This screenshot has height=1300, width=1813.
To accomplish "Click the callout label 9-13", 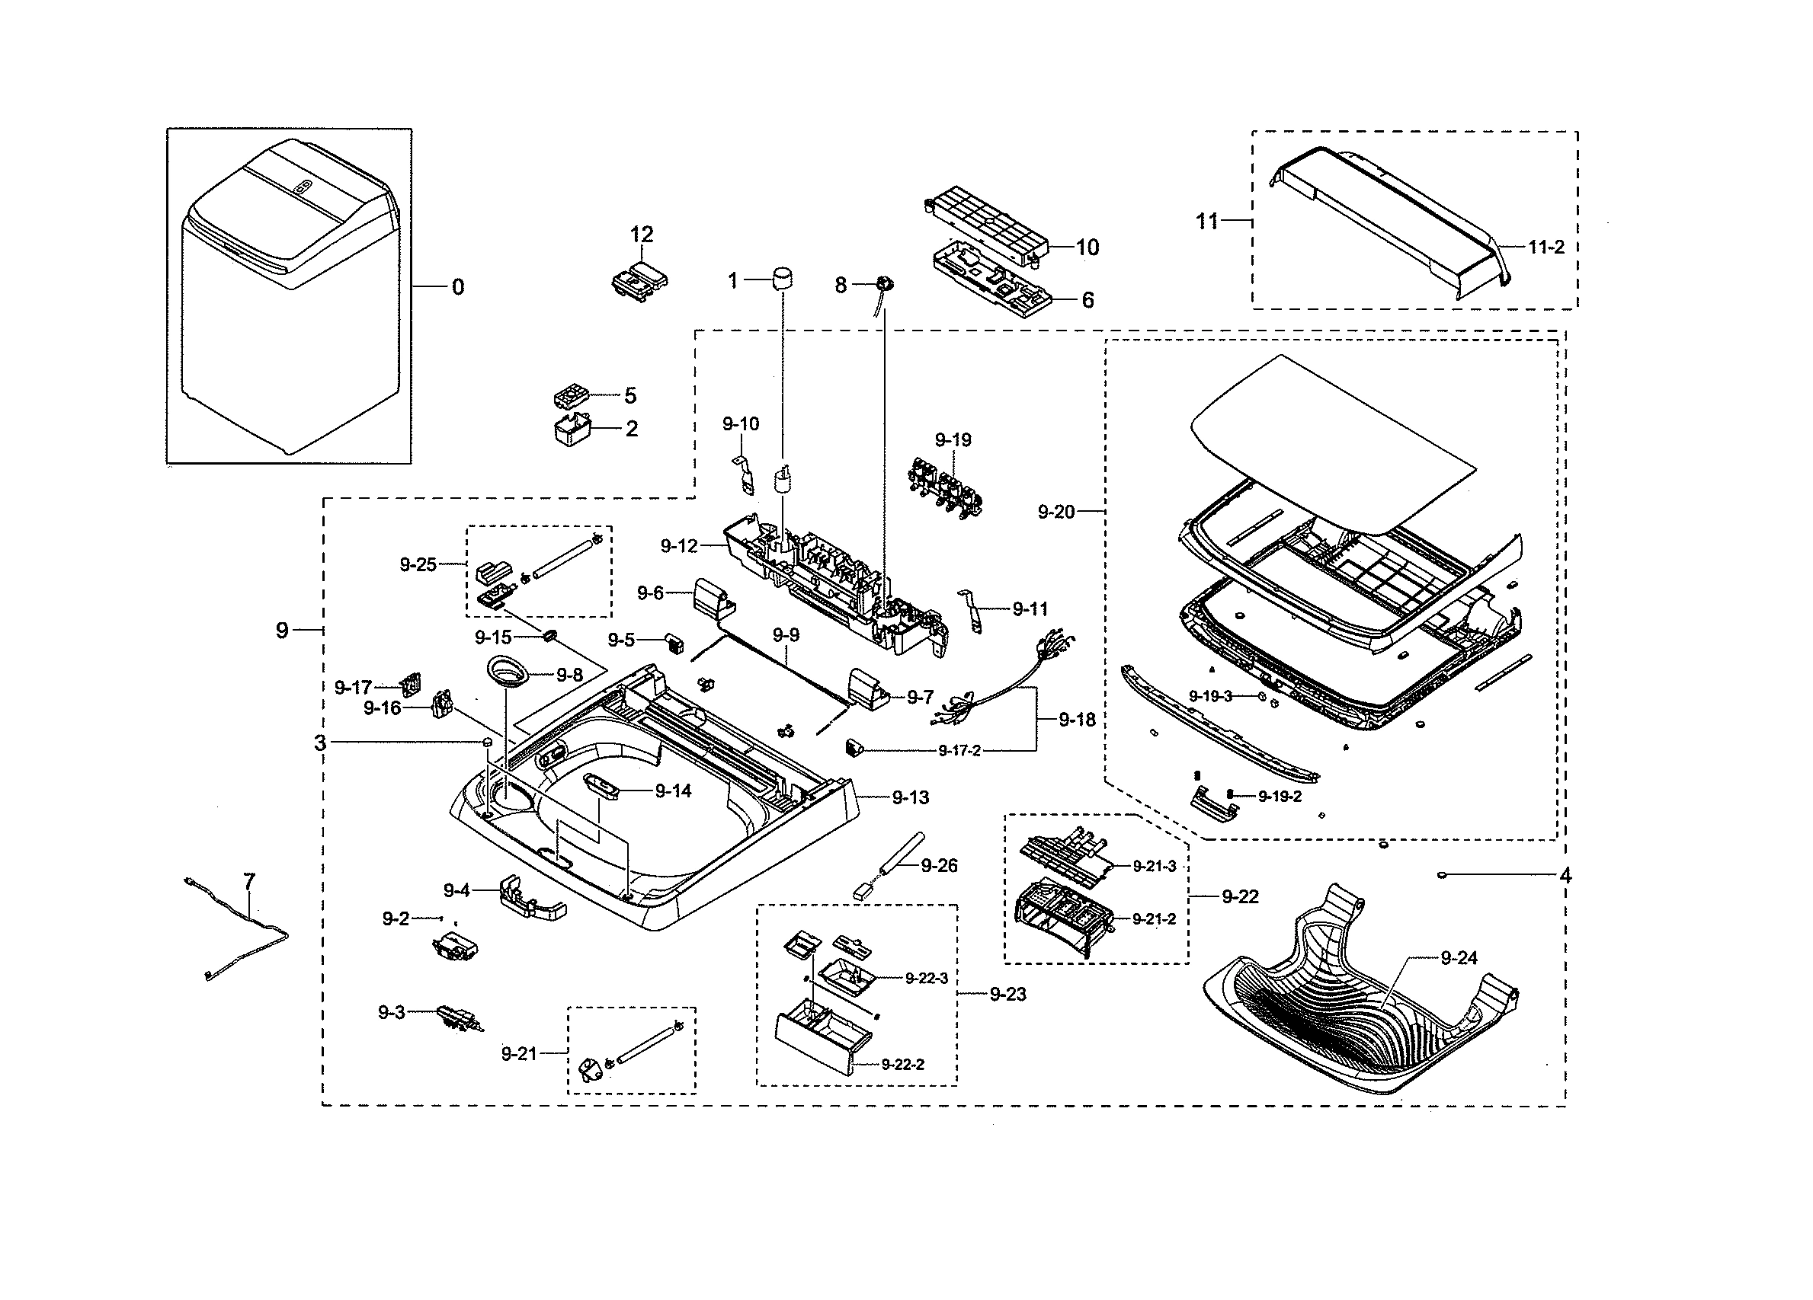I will pyautogui.click(x=910, y=797).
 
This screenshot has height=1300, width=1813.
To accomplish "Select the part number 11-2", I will pyautogui.click(x=1546, y=247).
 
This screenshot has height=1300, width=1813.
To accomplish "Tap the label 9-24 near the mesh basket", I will pyautogui.click(x=1459, y=957).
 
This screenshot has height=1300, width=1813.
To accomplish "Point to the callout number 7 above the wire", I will pyautogui.click(x=248, y=881).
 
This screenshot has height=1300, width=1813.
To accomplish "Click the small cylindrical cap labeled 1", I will pyautogui.click(x=783, y=279).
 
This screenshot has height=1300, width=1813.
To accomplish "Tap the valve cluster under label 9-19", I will pyautogui.click(x=946, y=485).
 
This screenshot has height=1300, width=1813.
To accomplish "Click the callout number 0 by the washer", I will pyautogui.click(x=457, y=287).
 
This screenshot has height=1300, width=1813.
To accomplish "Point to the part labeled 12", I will pyautogui.click(x=639, y=279).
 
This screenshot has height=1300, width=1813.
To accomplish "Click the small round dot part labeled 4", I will pyautogui.click(x=1441, y=875).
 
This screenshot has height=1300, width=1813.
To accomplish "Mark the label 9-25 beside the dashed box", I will pyautogui.click(x=418, y=564).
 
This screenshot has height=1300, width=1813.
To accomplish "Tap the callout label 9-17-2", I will pyautogui.click(x=959, y=750).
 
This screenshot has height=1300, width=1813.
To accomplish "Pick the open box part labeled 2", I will pyautogui.click(x=572, y=429).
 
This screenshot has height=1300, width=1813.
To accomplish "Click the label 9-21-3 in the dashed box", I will pyautogui.click(x=1154, y=867).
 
